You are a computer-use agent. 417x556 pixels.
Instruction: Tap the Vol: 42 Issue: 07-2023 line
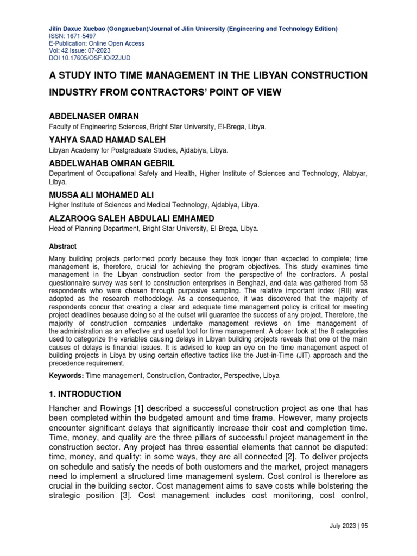pos(80,50)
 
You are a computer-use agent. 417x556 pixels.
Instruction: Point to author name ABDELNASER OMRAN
pos(94,116)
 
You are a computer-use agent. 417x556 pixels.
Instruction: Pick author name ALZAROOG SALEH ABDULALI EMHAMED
pos(131,218)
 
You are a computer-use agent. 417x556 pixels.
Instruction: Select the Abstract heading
pos(62,246)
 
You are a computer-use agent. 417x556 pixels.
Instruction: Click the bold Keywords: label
pos(66,376)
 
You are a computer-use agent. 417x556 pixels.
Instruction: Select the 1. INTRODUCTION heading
pos(85,394)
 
